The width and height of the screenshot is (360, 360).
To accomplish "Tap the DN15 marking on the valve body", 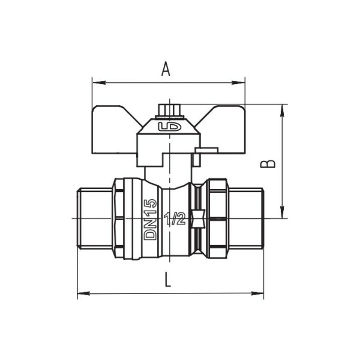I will [x=150, y=219].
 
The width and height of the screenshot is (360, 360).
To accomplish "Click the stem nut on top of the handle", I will [x=167, y=110].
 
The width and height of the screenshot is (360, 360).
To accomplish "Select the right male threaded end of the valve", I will [x=246, y=218].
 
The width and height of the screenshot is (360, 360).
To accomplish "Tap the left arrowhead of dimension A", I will [x=95, y=81].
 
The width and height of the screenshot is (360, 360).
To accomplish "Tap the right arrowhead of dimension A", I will [x=241, y=81].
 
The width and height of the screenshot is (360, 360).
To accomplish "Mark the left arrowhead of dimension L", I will [x=82, y=294].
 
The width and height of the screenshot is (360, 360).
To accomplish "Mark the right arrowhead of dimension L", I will [x=259, y=294].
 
